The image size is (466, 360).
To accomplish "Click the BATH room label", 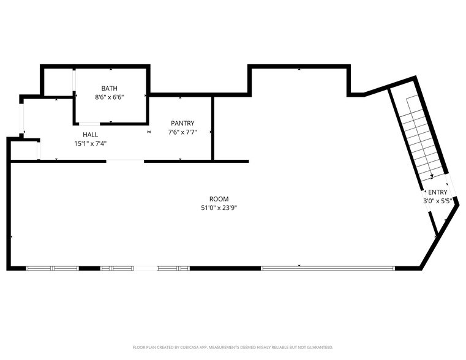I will pyautogui.click(x=109, y=88).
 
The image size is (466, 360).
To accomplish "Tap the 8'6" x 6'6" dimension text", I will pyautogui.click(x=109, y=97).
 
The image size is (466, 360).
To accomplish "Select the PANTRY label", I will pyautogui.click(x=182, y=124).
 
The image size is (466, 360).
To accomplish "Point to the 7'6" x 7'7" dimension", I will pyautogui.click(x=182, y=133).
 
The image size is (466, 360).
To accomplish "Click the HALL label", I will pyautogui.click(x=90, y=135).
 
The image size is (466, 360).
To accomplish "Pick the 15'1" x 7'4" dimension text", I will pyautogui.click(x=90, y=144).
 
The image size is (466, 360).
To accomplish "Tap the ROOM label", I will pyautogui.click(x=219, y=199).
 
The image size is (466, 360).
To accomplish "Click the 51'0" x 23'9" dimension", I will pyautogui.click(x=219, y=208).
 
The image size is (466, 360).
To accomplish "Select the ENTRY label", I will pyautogui.click(x=437, y=192).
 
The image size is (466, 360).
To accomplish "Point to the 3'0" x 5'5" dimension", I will pyautogui.click(x=437, y=201).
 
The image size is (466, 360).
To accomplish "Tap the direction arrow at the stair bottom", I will pyautogui.click(x=432, y=176).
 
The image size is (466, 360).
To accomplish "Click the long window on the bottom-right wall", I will pyautogui.click(x=328, y=268).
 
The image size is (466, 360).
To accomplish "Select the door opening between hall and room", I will pyautogui.click(x=125, y=161).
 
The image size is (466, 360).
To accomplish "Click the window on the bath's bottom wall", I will pyautogui.click(x=89, y=124).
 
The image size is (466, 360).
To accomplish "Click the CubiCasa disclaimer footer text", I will pyautogui.click(x=233, y=347).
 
